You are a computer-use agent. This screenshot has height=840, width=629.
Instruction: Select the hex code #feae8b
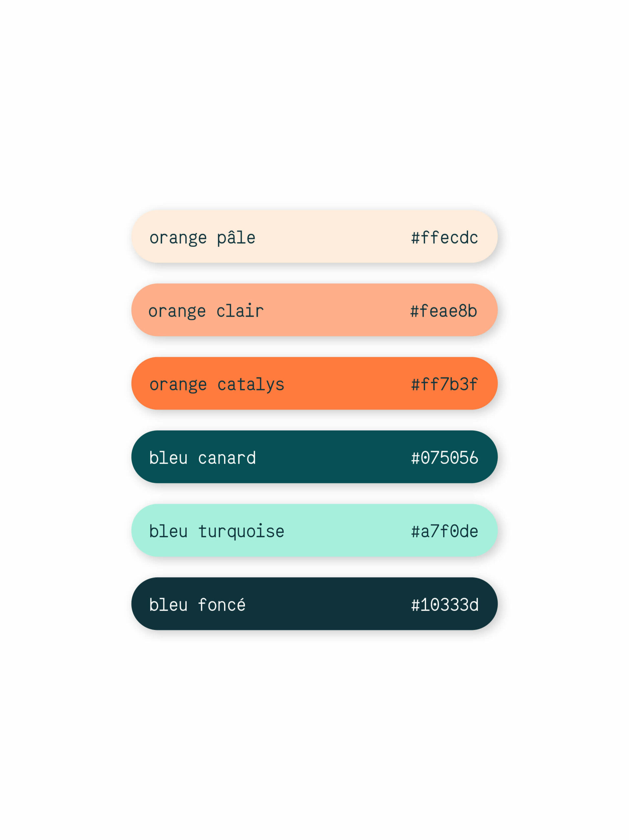click(x=443, y=311)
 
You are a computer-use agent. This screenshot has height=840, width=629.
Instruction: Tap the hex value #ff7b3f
click(x=444, y=385)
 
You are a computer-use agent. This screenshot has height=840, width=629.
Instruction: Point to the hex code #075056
click(x=444, y=458)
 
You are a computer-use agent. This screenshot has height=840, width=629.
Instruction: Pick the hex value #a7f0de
click(x=444, y=531)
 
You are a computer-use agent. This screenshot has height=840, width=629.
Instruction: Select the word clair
click(x=240, y=311)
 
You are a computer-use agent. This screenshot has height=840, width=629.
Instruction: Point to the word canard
click(x=227, y=458)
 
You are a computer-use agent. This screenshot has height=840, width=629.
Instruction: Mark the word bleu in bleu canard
click(x=168, y=458)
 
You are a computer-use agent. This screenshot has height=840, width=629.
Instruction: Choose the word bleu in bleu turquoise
click(x=168, y=531)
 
